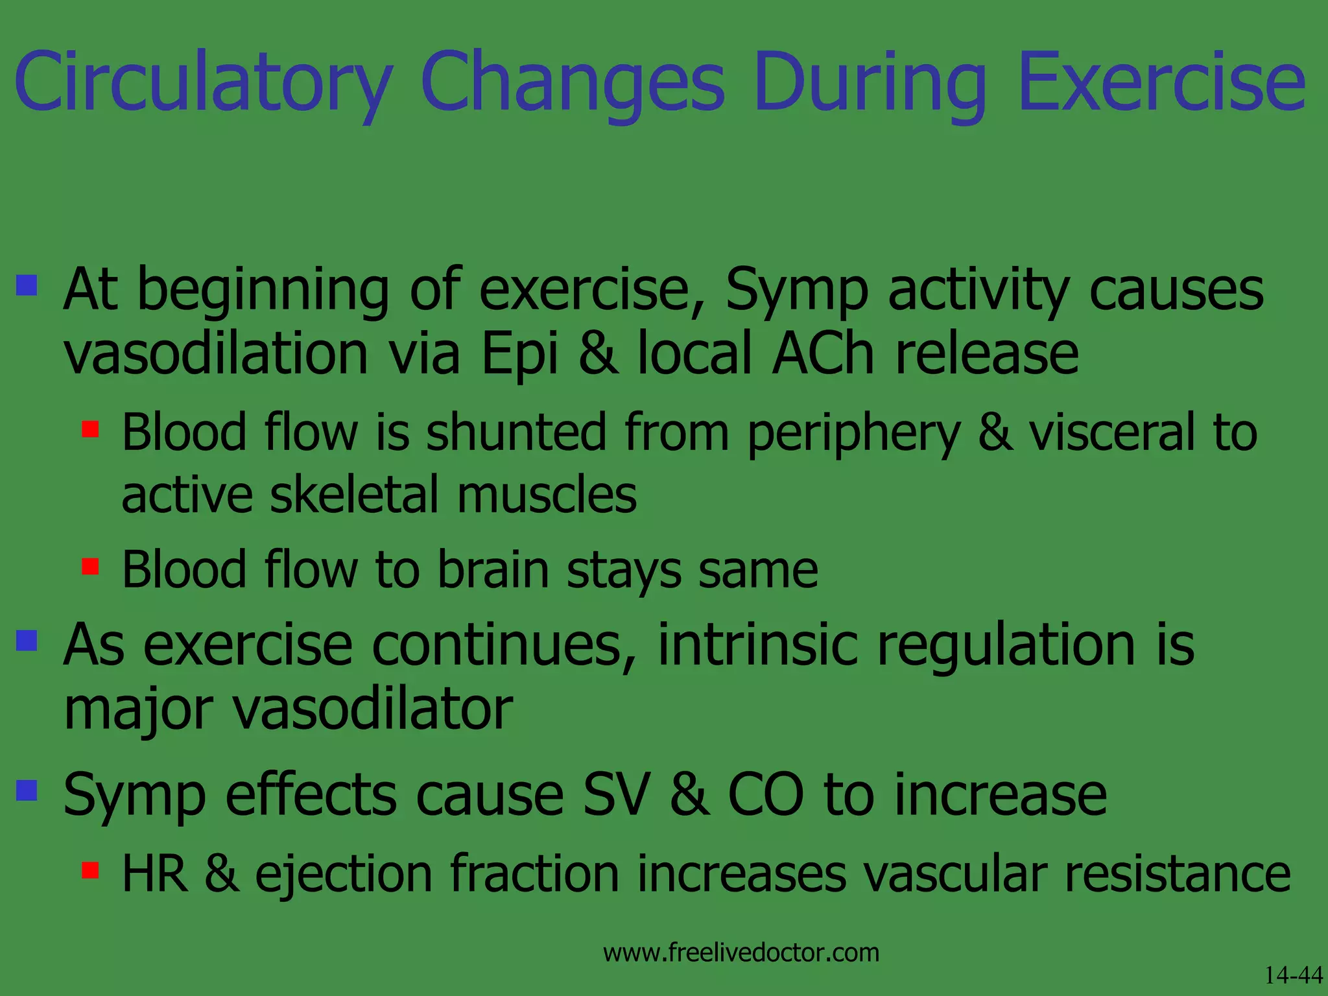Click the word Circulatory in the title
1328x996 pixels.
[203, 83]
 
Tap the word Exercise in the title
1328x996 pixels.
[1161, 83]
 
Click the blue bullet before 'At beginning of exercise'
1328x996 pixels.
[27, 285]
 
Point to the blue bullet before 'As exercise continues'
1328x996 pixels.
[27, 641]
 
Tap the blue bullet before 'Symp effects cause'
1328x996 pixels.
[27, 790]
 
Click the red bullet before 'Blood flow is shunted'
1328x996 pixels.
[90, 429]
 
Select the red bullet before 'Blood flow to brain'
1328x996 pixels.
[90, 567]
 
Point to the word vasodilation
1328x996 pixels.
[216, 353]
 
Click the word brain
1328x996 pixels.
[493, 570]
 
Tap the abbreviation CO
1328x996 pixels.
[766, 795]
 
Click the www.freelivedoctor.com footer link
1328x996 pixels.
[741, 953]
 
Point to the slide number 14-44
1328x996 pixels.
[1294, 975]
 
